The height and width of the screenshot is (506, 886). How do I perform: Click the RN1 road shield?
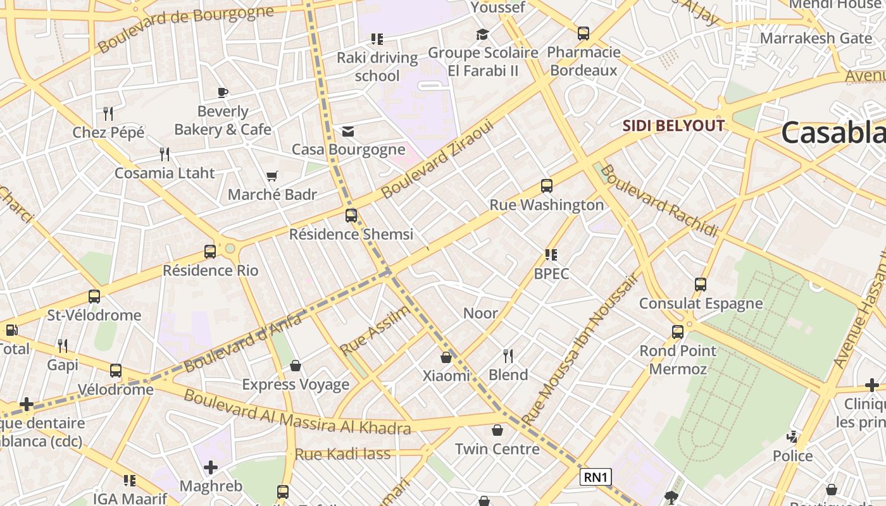(x=596, y=477)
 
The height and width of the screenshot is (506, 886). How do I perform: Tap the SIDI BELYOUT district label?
(x=673, y=125)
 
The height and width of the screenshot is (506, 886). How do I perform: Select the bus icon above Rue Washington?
(x=547, y=186)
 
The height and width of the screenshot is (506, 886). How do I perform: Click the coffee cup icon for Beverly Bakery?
(x=223, y=93)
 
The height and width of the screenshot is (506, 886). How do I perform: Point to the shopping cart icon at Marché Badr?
(x=272, y=176)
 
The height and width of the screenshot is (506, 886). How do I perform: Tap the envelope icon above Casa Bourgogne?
(x=348, y=132)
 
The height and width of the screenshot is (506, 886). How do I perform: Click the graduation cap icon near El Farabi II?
(x=483, y=34)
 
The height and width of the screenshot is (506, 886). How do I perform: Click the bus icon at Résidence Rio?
(x=210, y=252)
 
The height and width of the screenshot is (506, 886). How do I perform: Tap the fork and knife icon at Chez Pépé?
(x=108, y=114)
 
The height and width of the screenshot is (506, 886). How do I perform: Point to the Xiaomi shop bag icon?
(x=446, y=357)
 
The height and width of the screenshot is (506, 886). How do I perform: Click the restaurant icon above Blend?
(x=508, y=356)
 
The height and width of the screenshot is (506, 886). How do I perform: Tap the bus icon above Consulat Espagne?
(x=701, y=285)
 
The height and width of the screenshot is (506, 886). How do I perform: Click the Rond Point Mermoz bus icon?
(x=678, y=331)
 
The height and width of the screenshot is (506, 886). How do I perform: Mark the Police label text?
(x=792, y=455)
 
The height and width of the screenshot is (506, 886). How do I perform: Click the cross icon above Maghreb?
(x=211, y=467)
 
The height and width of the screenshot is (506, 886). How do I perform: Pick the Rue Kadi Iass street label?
(x=342, y=454)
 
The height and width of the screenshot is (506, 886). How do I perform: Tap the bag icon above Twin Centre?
(x=497, y=431)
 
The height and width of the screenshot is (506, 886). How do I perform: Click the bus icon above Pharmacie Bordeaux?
(x=583, y=34)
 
